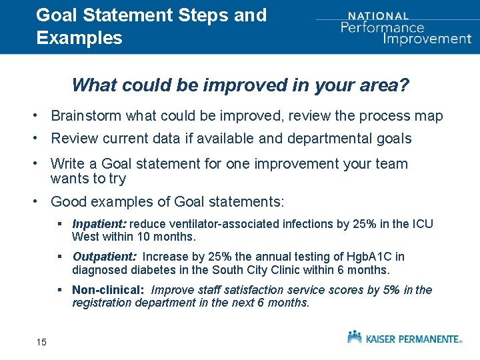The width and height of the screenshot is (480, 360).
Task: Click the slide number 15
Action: point(41,342)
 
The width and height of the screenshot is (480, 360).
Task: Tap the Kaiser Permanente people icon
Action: point(355,337)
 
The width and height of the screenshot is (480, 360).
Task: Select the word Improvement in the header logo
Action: point(427,39)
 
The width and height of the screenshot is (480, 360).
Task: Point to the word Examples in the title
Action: point(79,38)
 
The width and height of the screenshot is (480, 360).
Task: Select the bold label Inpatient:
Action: point(99,224)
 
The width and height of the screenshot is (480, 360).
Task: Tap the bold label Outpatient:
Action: point(105,257)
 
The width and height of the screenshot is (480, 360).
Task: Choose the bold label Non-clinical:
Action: point(109,290)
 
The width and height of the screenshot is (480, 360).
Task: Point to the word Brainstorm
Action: point(86,116)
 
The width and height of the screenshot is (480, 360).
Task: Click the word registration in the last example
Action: point(102,303)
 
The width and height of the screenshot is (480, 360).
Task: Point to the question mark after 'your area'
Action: point(404,85)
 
